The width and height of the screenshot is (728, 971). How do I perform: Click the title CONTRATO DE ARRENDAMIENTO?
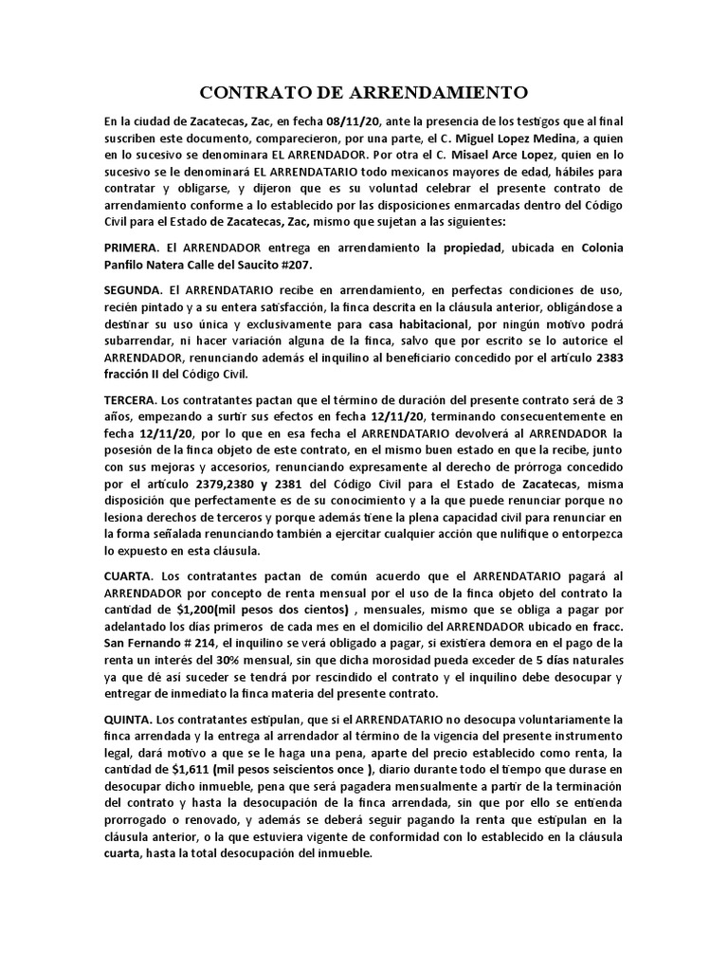click(363, 93)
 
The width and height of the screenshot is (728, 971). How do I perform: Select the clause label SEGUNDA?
click(135, 288)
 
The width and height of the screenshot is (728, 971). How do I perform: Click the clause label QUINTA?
click(130, 720)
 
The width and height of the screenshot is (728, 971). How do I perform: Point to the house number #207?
click(293, 266)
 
